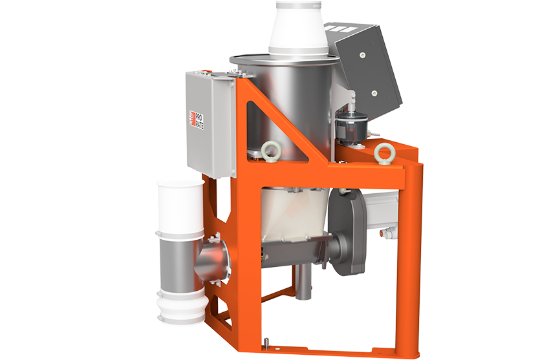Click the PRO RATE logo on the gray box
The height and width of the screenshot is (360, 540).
click(x=197, y=120)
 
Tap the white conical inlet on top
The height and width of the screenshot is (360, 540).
click(x=299, y=28)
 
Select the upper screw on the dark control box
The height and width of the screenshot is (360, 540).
click(x=362, y=55)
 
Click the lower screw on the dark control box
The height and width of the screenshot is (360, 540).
click(x=374, y=92)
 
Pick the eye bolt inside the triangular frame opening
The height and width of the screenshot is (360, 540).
click(x=267, y=151)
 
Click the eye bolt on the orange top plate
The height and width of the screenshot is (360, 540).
click(x=382, y=152)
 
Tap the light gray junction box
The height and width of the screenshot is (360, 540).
click(x=210, y=124)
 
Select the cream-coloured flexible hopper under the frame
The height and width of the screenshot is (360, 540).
click(x=294, y=214)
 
